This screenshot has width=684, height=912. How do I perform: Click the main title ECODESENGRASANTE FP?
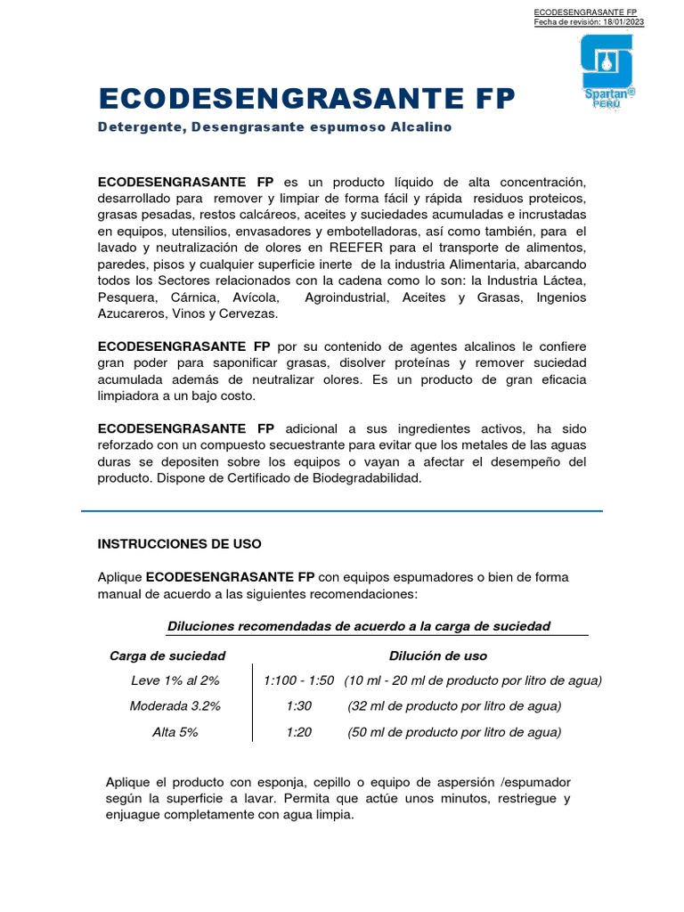click(306, 98)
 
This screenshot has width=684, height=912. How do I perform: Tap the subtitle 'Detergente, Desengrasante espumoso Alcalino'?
click(274, 127)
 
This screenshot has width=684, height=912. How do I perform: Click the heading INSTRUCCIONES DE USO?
click(179, 542)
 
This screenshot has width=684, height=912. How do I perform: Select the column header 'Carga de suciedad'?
click(167, 655)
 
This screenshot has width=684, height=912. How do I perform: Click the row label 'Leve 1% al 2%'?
click(175, 680)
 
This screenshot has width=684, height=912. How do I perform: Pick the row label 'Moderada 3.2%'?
click(175, 706)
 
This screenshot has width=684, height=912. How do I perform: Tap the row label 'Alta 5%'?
click(175, 732)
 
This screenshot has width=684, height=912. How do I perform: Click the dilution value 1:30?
click(299, 706)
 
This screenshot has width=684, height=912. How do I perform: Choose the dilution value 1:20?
click(299, 732)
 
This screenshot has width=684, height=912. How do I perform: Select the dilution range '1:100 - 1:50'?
click(299, 680)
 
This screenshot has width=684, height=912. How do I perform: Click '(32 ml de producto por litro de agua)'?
click(454, 706)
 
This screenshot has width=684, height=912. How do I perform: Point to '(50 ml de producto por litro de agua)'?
click(454, 732)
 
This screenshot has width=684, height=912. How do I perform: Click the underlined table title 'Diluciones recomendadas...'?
click(359, 626)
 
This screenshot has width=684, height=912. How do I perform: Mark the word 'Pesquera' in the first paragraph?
click(124, 297)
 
